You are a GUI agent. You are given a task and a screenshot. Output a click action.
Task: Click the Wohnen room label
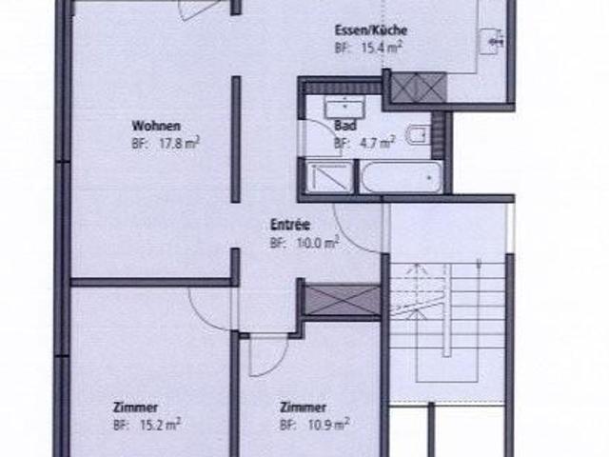157,125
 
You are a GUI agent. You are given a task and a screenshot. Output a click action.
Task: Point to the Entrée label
290,226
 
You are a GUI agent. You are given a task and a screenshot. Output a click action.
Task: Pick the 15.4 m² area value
380,48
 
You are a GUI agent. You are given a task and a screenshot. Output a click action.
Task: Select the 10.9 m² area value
326,424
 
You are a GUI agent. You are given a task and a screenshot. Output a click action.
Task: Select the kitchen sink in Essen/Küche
490,40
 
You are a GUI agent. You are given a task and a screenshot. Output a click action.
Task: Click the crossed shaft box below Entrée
342,299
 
